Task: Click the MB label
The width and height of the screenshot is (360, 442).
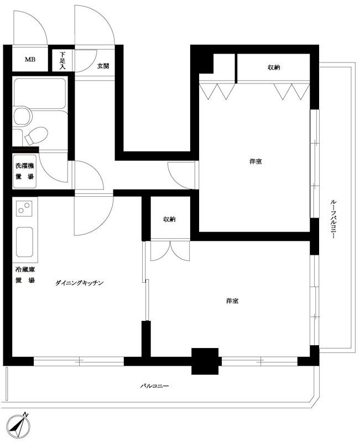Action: [29, 60]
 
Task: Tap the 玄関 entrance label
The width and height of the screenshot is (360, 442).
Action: [103, 66]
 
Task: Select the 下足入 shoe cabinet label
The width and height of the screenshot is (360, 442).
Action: [63, 60]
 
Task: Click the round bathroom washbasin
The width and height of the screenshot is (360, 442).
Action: [23, 117]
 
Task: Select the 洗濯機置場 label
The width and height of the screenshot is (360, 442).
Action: [24, 171]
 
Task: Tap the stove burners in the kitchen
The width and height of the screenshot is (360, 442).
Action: [24, 209]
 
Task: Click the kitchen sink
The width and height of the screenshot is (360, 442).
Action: [25, 243]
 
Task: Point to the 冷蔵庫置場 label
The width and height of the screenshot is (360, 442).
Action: [24, 275]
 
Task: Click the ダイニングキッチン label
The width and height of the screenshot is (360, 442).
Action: [80, 283]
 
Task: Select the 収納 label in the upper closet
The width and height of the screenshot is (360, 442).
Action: [274, 67]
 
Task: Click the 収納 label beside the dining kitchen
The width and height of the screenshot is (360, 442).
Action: [169, 219]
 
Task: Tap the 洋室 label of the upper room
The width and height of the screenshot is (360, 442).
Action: [255, 161]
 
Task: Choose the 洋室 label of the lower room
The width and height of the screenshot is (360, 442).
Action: [232, 301]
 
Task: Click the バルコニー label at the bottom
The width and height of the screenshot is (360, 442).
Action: [154, 386]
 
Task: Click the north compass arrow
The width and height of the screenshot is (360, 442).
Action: [22, 424]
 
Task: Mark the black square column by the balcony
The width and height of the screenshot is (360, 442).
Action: [205, 361]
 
